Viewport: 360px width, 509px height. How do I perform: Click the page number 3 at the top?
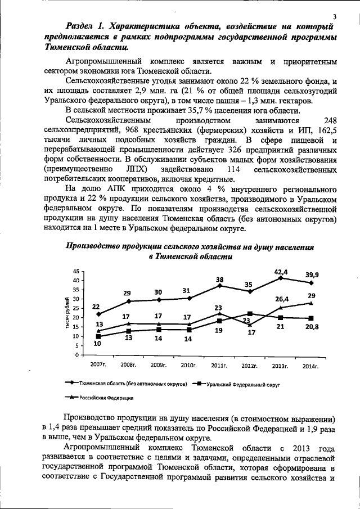(x=335, y=16)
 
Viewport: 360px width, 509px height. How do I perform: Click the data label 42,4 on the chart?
(x=281, y=272)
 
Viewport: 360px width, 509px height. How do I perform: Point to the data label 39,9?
(x=312, y=274)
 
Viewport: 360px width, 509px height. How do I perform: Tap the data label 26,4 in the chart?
(x=282, y=300)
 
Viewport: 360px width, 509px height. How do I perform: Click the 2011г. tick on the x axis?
(x=219, y=366)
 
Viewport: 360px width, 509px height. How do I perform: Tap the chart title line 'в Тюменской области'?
(x=190, y=256)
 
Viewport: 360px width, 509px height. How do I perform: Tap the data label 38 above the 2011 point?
(x=219, y=280)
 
